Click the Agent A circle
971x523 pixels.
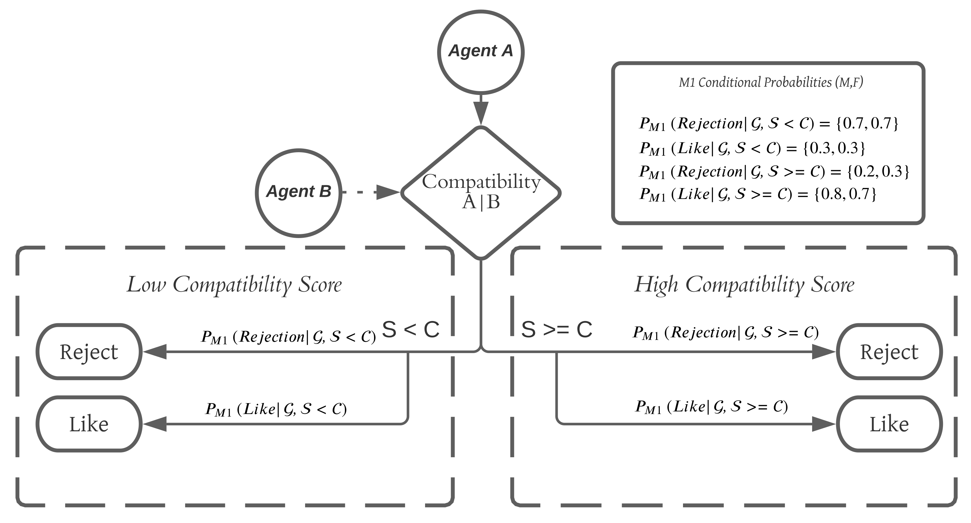click(480, 52)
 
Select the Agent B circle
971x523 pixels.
click(299, 193)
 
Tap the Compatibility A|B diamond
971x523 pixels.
click(480, 193)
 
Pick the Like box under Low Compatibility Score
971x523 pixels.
click(89, 424)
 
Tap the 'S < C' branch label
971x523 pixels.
click(411, 329)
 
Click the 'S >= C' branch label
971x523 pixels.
click(556, 329)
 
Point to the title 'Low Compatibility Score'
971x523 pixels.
click(234, 284)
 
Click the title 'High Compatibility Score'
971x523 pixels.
click(744, 284)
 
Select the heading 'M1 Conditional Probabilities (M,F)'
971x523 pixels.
click(771, 82)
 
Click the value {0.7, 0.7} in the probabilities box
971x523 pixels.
click(867, 124)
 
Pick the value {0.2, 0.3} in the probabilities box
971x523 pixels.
click(878, 172)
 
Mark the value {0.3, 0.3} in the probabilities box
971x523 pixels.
click(834, 148)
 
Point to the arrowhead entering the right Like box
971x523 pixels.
click(823, 424)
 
